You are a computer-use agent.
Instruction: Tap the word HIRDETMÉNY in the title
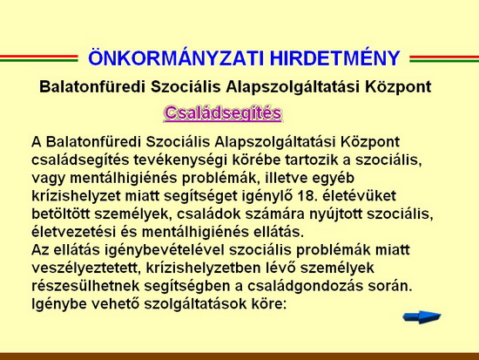click(x=335, y=58)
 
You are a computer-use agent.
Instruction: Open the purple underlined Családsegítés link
click(x=223, y=113)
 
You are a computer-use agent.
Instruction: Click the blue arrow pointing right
click(x=422, y=317)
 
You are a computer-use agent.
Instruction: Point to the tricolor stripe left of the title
click(x=39, y=58)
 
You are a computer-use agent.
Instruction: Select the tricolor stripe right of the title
click(x=444, y=58)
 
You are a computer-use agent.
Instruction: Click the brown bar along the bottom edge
click(x=239, y=357)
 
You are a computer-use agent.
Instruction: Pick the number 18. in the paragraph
click(x=306, y=196)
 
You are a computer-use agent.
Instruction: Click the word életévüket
click(x=359, y=196)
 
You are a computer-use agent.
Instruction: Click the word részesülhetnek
click(x=85, y=286)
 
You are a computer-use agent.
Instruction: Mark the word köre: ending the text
click(x=268, y=304)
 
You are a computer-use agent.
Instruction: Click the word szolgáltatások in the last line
click(x=195, y=304)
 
